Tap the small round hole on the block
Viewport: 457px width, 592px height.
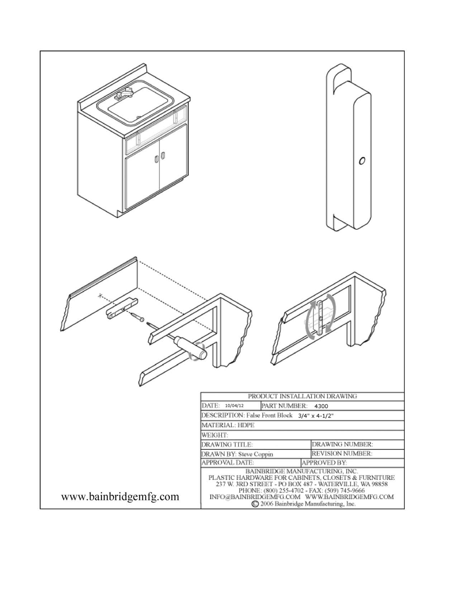pyautogui.click(x=362, y=161)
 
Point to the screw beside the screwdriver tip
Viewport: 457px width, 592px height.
pyautogui.click(x=137, y=316)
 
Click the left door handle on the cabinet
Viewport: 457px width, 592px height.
pyautogui.click(x=157, y=159)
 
